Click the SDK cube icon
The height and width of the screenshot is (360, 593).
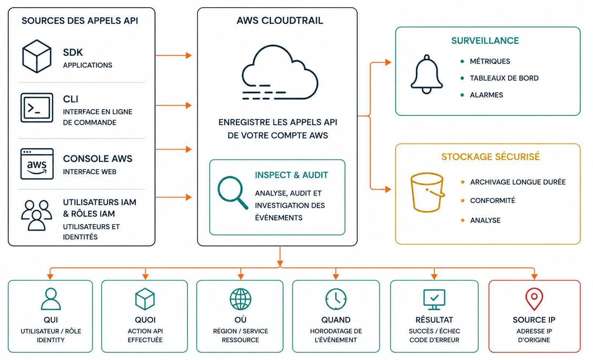37,56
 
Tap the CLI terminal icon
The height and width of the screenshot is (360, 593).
37,108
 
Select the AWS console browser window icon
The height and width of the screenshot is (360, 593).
37,164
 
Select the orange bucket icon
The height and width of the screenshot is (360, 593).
427,193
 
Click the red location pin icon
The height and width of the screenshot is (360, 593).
534,299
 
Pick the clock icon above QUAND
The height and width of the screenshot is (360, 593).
336,299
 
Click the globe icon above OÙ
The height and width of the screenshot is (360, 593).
241,299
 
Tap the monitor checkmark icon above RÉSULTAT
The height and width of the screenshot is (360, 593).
434,300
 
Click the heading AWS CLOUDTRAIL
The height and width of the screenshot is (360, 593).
280,20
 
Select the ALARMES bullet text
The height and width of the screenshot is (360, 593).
486,95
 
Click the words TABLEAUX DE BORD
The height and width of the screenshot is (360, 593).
504,78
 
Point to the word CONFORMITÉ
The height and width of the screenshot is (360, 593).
492,200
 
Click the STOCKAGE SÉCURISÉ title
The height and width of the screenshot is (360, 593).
490,157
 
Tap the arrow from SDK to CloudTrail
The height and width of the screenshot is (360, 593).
173,55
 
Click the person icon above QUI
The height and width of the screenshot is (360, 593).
50,299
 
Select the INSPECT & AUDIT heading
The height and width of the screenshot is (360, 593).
291,175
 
